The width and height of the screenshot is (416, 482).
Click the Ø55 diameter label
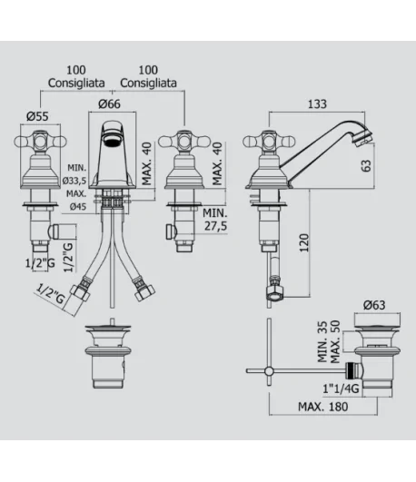coord(37,116)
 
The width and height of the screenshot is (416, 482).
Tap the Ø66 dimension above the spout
coord(109,103)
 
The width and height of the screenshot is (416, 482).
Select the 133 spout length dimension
coord(317,104)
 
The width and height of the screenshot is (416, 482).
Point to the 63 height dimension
coord(366,166)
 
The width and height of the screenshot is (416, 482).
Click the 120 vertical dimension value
coord(304,242)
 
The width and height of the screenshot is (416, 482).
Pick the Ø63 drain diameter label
coord(374,305)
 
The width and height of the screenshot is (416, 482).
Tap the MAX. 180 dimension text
coord(323,407)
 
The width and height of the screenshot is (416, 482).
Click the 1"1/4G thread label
coord(341,389)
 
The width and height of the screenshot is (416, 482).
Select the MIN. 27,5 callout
coord(215,220)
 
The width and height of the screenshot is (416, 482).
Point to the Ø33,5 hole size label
coord(74,181)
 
